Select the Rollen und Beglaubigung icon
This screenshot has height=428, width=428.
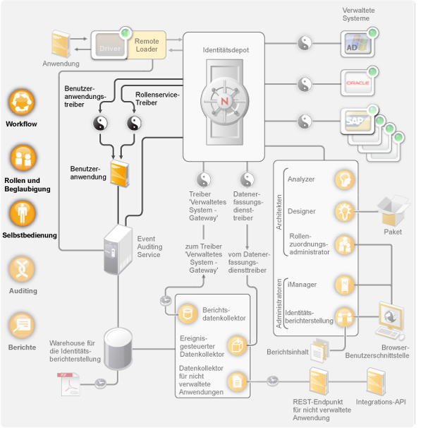click(x=22, y=158)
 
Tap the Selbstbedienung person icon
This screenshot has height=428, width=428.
click(x=22, y=213)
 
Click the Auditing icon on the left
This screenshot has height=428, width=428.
click(x=22, y=269)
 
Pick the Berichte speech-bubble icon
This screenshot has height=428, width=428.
click(x=22, y=324)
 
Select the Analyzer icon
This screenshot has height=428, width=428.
click(x=343, y=179)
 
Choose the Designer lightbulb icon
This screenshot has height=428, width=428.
click(x=343, y=210)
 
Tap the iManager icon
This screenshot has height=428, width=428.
click(x=343, y=285)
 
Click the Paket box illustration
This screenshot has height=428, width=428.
click(x=392, y=210)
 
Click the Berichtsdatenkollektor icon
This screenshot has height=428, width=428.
click(x=188, y=313)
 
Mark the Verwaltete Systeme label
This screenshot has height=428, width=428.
click(x=359, y=14)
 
